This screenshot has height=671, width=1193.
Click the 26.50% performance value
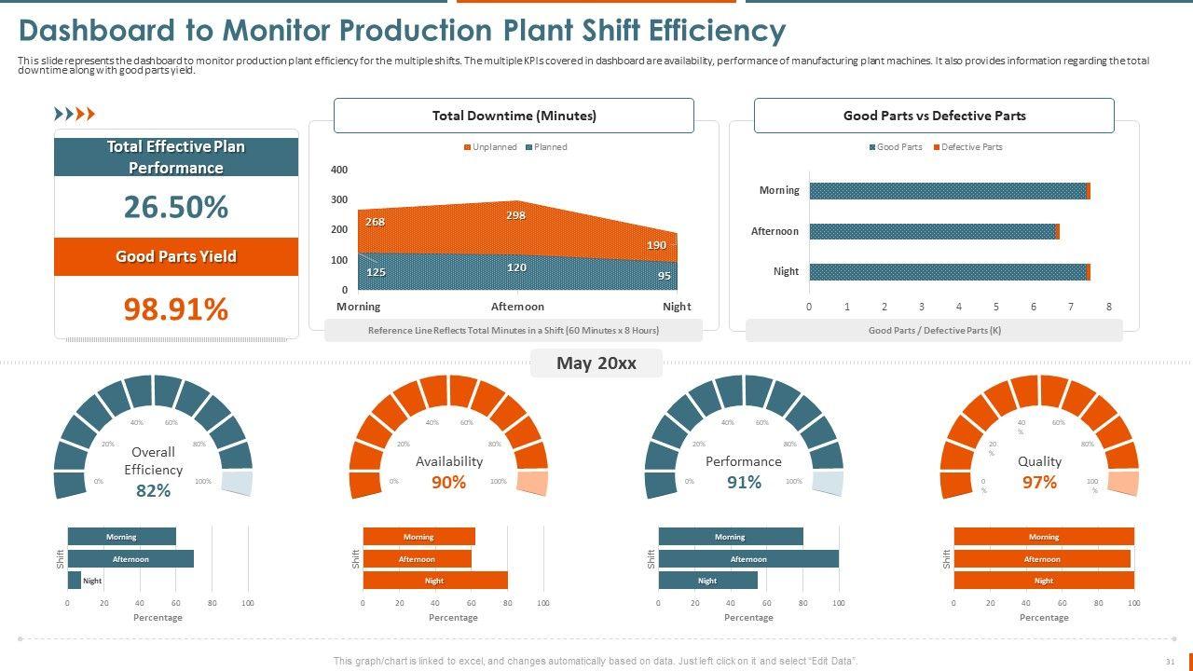pyautogui.click(x=175, y=207)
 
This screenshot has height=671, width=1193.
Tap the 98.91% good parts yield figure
pyautogui.click(x=175, y=308)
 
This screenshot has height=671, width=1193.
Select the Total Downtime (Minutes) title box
pyautogui.click(x=514, y=116)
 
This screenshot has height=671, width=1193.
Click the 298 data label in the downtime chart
pyautogui.click(x=515, y=215)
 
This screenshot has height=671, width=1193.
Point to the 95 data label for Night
pyautogui.click(x=664, y=276)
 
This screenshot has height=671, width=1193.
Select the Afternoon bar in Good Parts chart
pyautogui.click(x=933, y=231)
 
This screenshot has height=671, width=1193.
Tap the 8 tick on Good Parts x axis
pyautogui.click(x=1108, y=307)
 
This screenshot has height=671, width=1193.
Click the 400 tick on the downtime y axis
pyautogui.click(x=338, y=170)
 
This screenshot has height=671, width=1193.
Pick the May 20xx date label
pyautogui.click(x=596, y=363)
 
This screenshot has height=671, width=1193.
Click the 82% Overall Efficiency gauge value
pyautogui.click(x=153, y=490)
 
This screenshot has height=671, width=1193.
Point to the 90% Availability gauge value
pyautogui.click(x=448, y=482)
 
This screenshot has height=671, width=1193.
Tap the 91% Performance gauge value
pyautogui.click(x=744, y=482)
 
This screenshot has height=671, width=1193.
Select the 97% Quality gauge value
pyautogui.click(x=1039, y=482)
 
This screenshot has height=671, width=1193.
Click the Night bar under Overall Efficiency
pyautogui.click(x=75, y=581)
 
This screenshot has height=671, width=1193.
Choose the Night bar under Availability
pyautogui.click(x=434, y=581)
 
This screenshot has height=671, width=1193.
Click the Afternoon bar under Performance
pyautogui.click(x=747, y=559)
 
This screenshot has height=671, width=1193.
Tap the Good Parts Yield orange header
pyautogui.click(x=175, y=256)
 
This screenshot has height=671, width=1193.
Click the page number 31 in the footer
pyautogui.click(x=1170, y=661)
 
